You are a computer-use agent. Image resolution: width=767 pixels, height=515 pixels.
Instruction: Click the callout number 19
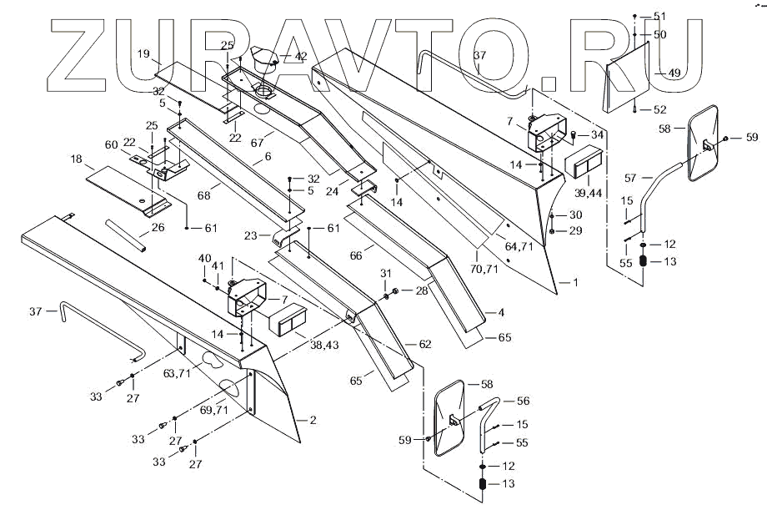(143, 54)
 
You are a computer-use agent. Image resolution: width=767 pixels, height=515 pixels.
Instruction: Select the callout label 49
(674, 73)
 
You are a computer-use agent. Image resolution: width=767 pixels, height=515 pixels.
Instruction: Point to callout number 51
(660, 17)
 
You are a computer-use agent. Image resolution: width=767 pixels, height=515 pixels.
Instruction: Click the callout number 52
(660, 109)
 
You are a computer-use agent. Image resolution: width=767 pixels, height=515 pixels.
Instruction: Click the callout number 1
(574, 283)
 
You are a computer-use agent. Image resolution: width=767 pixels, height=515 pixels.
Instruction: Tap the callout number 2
(313, 420)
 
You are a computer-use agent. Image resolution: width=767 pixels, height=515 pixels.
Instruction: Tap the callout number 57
(631, 178)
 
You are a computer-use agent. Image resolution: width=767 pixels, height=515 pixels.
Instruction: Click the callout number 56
(523, 401)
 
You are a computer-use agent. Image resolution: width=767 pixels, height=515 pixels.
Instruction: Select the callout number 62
(426, 344)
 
